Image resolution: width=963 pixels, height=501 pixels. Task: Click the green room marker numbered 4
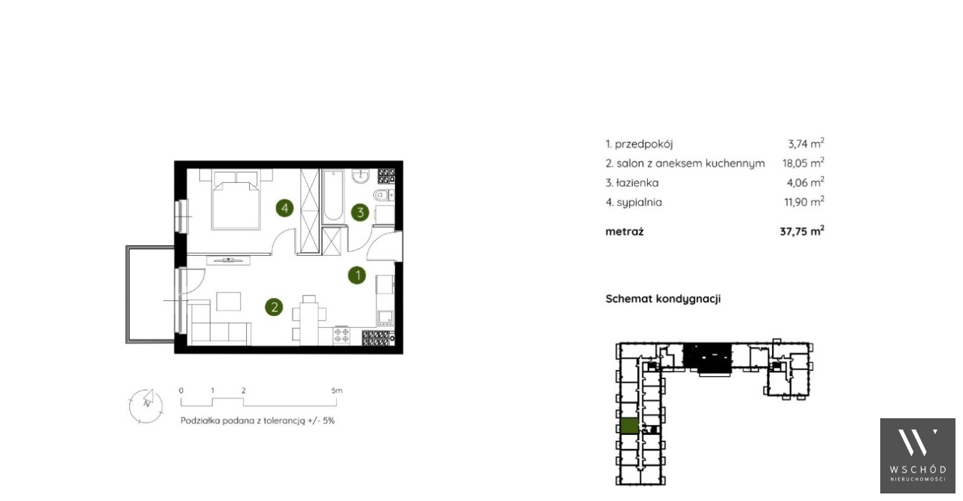(284, 208)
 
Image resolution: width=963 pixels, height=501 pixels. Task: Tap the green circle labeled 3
(360, 212)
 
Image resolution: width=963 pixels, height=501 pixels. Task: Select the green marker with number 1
(357, 275)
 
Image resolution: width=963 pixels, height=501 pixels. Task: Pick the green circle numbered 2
(274, 307)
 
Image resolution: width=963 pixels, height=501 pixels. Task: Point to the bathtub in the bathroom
(333, 196)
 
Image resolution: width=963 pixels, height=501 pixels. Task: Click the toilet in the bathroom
(384, 195)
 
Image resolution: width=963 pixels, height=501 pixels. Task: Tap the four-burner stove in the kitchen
(342, 336)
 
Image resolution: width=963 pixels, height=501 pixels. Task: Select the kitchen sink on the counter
(385, 318)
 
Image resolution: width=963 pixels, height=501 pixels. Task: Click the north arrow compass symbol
(146, 405)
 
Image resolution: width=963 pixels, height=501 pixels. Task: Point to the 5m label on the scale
(337, 390)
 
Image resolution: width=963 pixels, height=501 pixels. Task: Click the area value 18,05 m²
(803, 162)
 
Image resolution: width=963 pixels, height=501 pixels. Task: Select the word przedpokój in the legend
(643, 144)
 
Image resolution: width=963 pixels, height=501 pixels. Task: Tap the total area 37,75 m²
(802, 231)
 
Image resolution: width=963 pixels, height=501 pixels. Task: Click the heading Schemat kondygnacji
(663, 299)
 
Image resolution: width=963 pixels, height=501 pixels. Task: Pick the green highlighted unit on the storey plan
(630, 427)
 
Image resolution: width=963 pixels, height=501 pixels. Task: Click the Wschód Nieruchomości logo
(917, 455)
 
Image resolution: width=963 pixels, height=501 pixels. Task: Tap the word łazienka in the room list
(637, 183)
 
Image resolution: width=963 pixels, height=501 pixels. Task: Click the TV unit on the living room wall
(228, 260)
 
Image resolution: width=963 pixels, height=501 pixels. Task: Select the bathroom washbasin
(360, 176)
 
